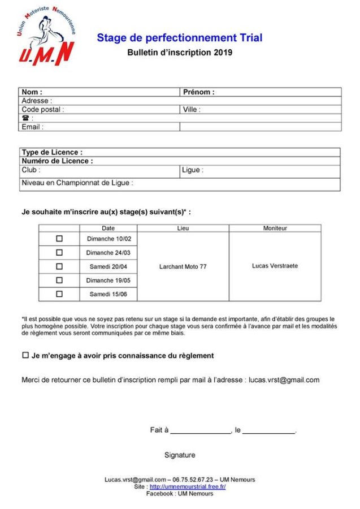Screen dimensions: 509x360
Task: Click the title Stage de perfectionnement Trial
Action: pyautogui.click(x=179, y=38)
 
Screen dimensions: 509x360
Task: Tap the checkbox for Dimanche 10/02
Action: pyautogui.click(x=59, y=239)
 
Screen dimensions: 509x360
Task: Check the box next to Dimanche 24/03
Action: pyautogui.click(x=59, y=252)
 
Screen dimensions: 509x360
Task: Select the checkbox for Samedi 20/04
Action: pyautogui.click(x=59, y=266)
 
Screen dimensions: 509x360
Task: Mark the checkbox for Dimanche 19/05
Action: pyautogui.click(x=59, y=280)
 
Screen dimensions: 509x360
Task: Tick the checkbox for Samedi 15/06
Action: pyautogui.click(x=59, y=294)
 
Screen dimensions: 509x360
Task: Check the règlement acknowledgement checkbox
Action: pyautogui.click(x=25, y=355)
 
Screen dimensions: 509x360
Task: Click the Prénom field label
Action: pyautogui.click(x=198, y=92)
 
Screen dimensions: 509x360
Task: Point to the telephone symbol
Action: pyautogui.click(x=25, y=118)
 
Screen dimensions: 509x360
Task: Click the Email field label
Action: pyautogui.click(x=32, y=127)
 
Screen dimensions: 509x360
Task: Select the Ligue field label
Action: pyautogui.click(x=193, y=170)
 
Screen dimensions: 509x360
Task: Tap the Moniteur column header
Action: pyautogui.click(x=275, y=228)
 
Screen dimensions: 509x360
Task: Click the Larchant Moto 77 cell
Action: pyautogui.click(x=183, y=266)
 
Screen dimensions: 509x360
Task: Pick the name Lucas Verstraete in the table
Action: pyautogui.click(x=275, y=266)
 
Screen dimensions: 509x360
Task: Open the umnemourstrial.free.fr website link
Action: pyautogui.click(x=188, y=486)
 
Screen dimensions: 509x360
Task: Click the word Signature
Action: pyautogui.click(x=180, y=455)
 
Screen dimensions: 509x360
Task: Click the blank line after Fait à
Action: pyautogui.click(x=201, y=431)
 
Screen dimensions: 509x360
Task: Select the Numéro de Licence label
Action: pyautogui.click(x=57, y=161)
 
